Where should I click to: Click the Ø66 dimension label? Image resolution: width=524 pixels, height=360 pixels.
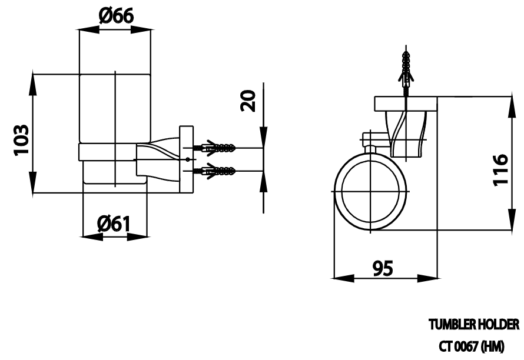117,16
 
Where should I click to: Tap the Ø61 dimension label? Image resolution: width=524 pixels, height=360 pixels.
114,224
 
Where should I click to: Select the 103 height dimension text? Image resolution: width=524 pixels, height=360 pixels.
21,140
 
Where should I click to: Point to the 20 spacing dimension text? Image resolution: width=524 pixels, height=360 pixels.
248,101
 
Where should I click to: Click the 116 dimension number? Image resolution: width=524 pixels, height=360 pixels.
500,169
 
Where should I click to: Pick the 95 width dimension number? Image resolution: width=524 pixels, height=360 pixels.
383,268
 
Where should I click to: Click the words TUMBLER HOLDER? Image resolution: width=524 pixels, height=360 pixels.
474,324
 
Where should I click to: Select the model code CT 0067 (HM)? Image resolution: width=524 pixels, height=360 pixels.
471,347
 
